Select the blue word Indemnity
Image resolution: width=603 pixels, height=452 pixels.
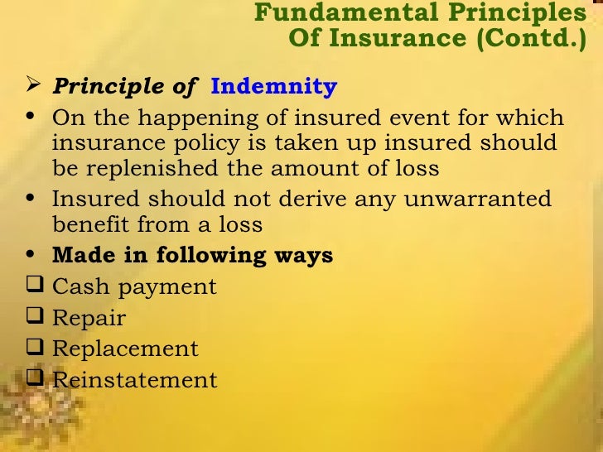click(274, 87)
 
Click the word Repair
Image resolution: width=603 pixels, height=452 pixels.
click(89, 319)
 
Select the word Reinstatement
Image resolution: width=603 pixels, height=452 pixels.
click(134, 380)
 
